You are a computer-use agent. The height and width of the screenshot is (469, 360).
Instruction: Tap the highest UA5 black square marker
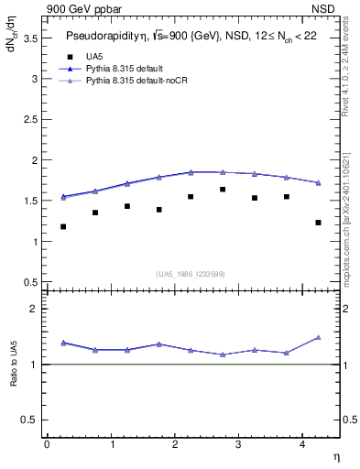[x=223, y=190]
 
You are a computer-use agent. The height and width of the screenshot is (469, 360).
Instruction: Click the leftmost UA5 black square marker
[x=63, y=226]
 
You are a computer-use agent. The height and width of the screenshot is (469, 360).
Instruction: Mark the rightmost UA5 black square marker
[x=318, y=223]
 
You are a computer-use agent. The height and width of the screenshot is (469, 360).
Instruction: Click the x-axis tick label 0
[x=47, y=444]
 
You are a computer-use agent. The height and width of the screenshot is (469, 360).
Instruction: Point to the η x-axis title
[x=336, y=455]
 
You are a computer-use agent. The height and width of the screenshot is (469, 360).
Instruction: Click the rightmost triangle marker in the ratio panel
[x=318, y=337]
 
